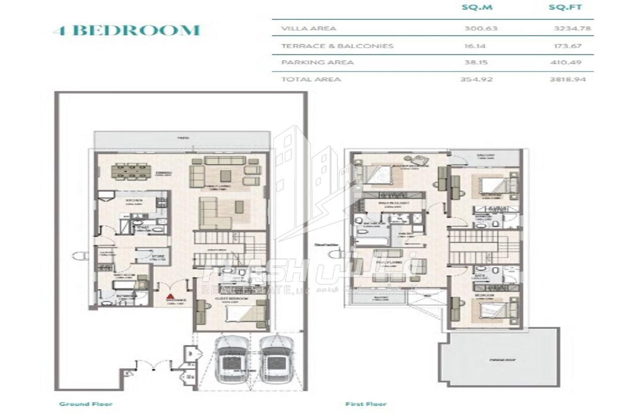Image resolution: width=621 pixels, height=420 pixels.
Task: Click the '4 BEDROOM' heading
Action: coord(127,30)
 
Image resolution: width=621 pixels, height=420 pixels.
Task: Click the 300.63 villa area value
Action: coord(481,28)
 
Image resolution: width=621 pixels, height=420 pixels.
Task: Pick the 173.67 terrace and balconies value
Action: coord(568,46)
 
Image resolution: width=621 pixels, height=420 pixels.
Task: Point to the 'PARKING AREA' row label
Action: coord(317,62)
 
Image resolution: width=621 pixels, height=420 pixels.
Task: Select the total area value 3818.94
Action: coord(568,79)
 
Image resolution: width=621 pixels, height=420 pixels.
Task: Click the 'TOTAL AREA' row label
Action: coord(311,79)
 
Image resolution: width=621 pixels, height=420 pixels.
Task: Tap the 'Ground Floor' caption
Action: coord(86,404)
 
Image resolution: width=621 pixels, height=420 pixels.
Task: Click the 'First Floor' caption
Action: coord(366,404)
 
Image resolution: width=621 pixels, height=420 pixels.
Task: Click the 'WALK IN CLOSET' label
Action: coord(397,203)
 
